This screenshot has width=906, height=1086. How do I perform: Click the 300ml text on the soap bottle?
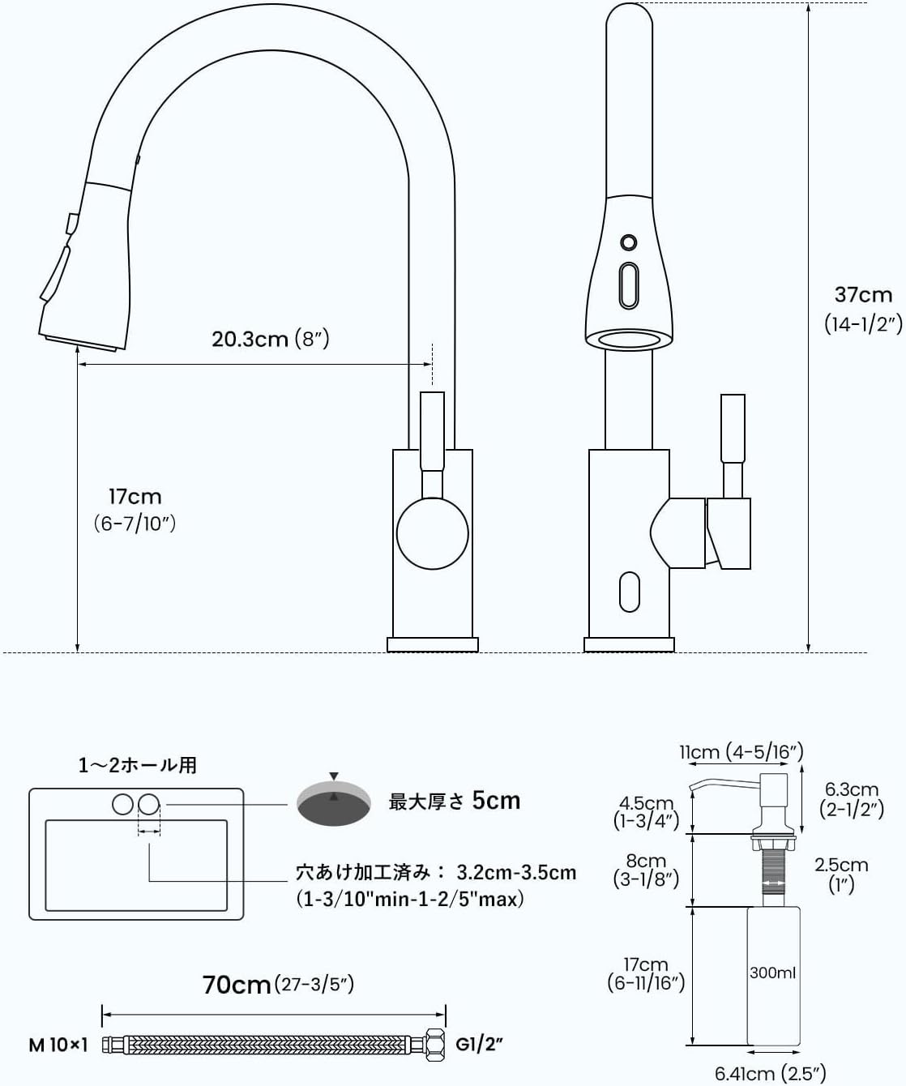(x=772, y=973)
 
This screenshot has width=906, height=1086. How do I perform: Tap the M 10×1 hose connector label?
(x=58, y=1045)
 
